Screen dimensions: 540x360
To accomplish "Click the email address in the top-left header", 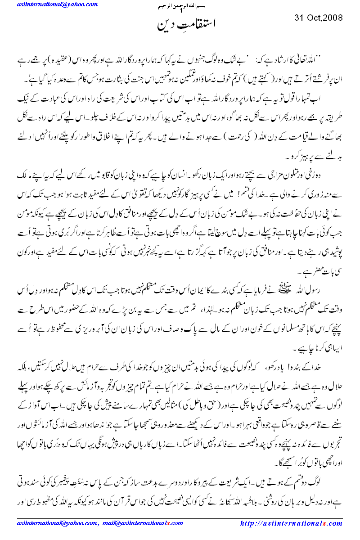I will pos(56,4).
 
